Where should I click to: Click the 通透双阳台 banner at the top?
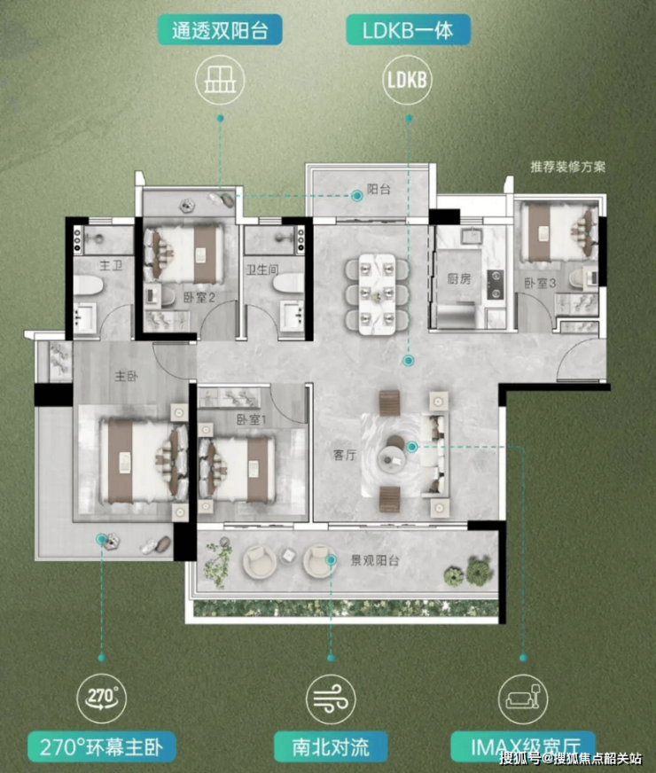tap(220, 29)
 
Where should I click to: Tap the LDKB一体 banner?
tap(408, 29)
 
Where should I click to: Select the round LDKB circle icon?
tap(408, 80)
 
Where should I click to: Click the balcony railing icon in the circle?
tap(220, 80)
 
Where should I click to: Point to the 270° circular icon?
tap(102, 698)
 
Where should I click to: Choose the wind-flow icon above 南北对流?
tap(331, 699)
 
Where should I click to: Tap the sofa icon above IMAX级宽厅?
tap(523, 699)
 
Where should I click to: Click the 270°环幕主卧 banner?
tap(102, 747)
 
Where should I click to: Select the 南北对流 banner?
tap(331, 747)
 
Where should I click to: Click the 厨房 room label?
tap(459, 279)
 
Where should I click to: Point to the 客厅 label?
tap(345, 455)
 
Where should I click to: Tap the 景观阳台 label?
tap(375, 560)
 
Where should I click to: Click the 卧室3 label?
tap(540, 283)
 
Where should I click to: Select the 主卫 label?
tap(111, 266)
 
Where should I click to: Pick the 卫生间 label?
tap(262, 269)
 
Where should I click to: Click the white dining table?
tap(377, 294)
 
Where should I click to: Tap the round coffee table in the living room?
tap(392, 455)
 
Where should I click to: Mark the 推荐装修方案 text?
tap(567, 168)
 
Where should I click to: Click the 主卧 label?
tap(126, 376)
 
